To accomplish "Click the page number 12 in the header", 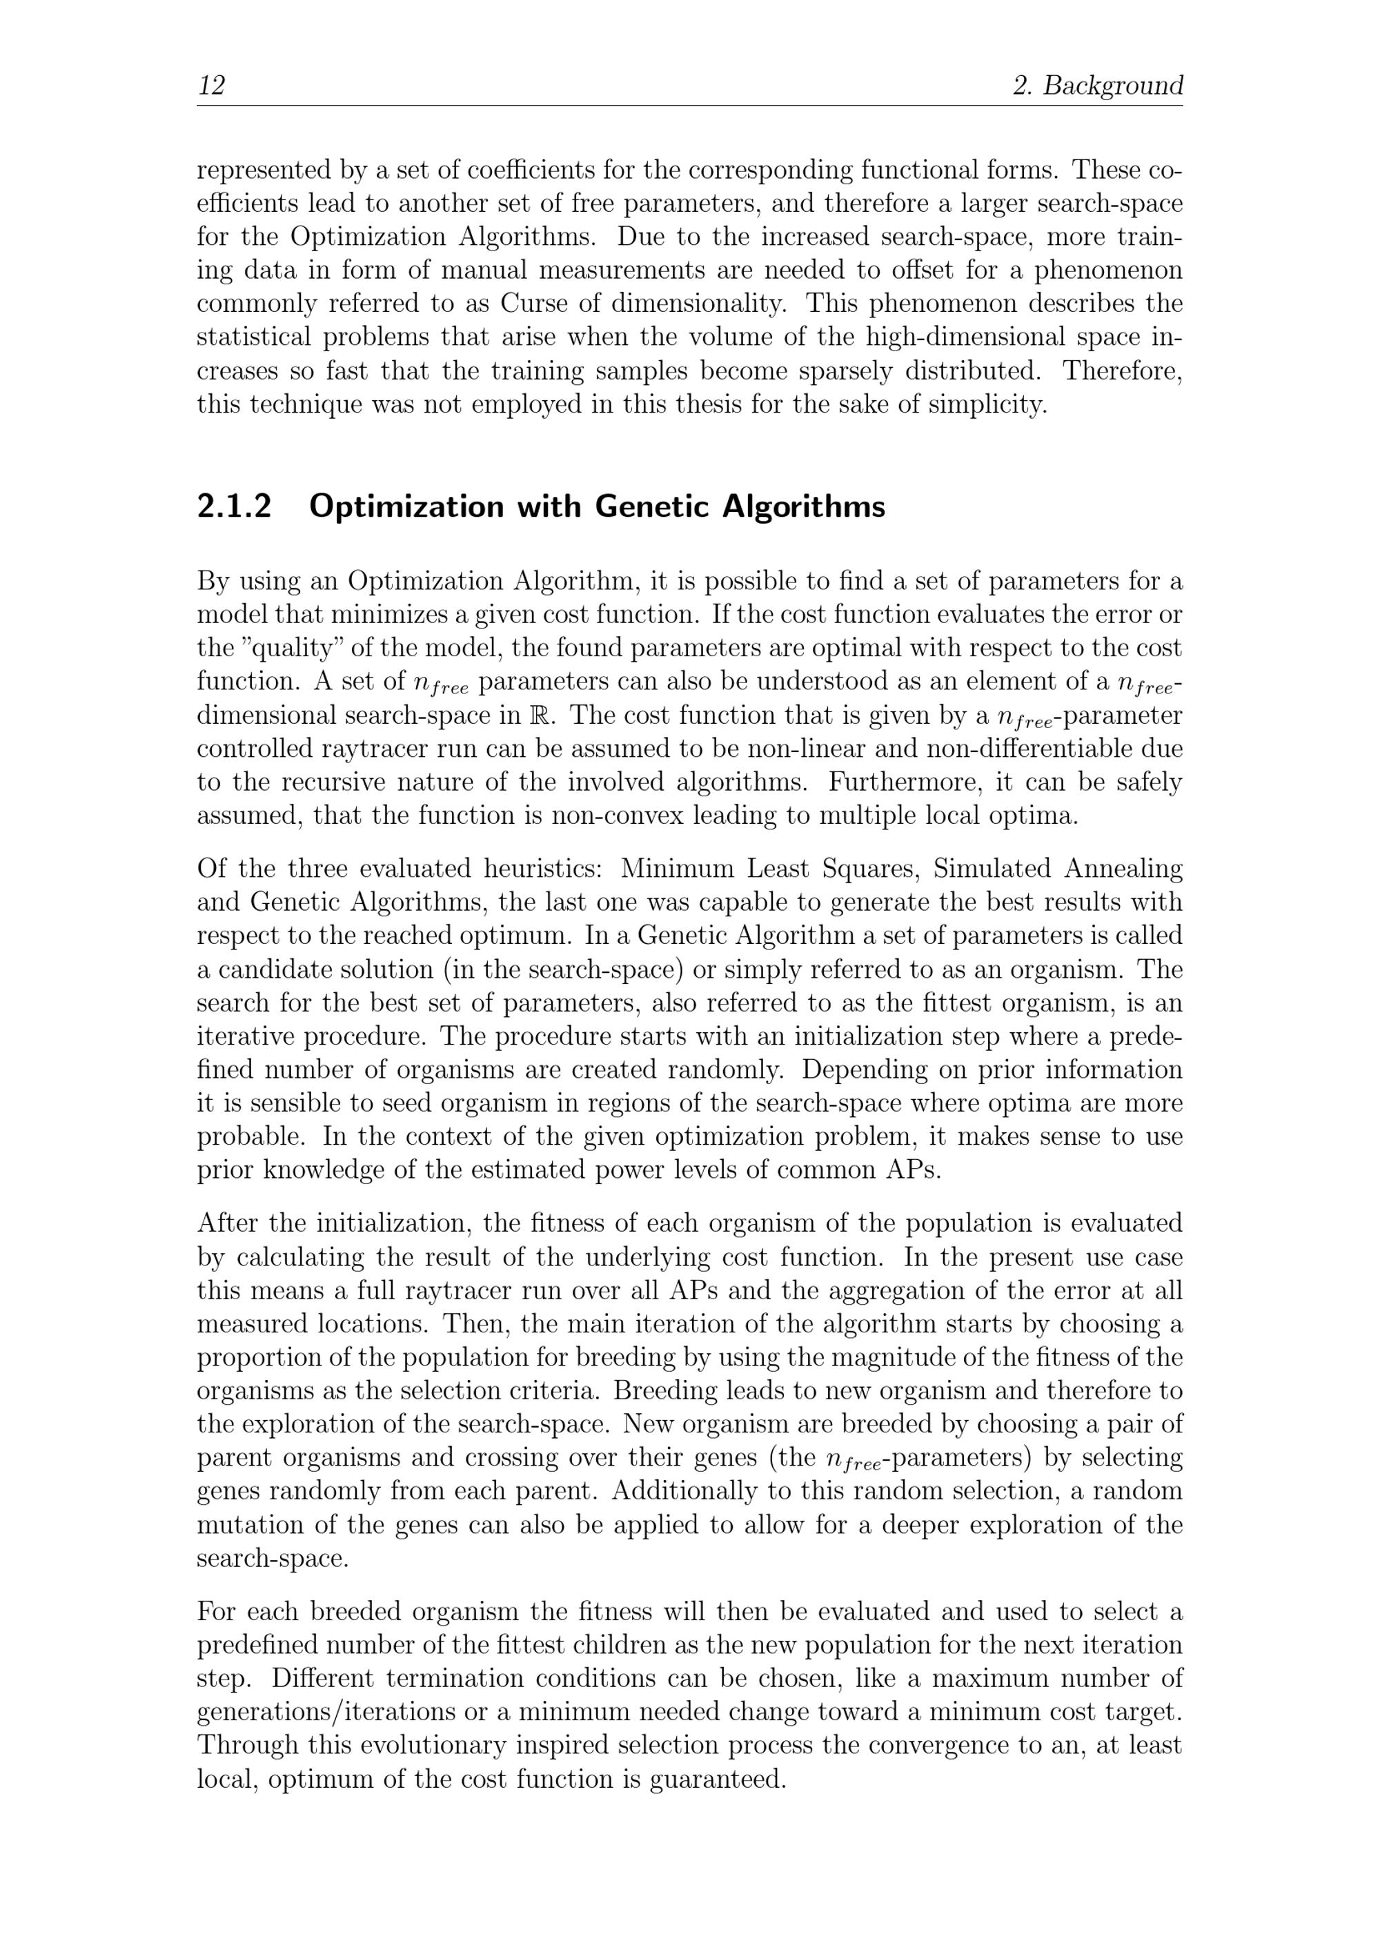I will click(212, 85).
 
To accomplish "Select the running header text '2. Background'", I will click(1098, 85).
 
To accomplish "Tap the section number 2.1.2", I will click(234, 506).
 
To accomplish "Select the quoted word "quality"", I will click(288, 649).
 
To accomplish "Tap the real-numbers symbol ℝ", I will click(546, 716).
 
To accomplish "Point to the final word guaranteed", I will click(716, 1780).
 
